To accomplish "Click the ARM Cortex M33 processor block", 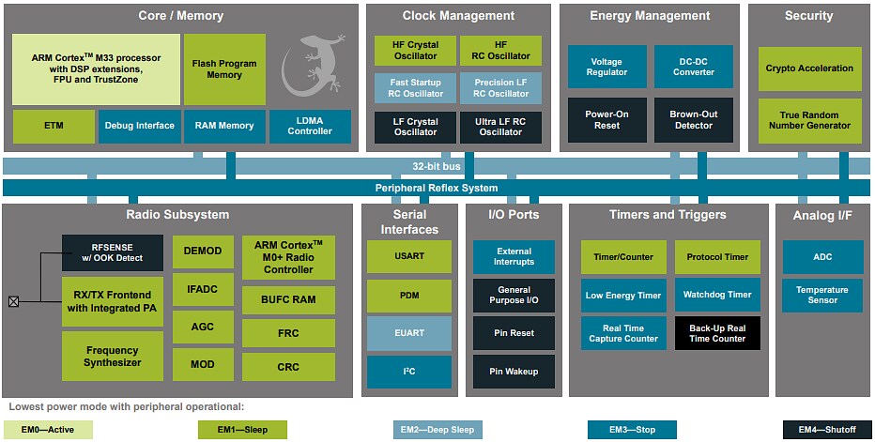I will point(96,69).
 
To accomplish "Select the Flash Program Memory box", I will point(224,69).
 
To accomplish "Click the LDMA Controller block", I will point(310,126).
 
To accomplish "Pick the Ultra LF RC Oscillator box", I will point(500,127).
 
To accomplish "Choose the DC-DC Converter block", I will point(693,67).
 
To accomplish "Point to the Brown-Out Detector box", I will point(693,120).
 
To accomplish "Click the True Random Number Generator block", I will point(809,120).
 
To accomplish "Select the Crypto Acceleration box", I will point(809,69).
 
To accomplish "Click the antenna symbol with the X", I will point(13,301).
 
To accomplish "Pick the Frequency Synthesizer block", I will point(113,357).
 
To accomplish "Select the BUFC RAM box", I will point(288,300).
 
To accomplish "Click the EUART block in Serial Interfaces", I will point(408,333).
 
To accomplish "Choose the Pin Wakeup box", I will point(514,372).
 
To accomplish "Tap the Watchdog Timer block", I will point(717,295).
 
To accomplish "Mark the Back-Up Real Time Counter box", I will point(717,333).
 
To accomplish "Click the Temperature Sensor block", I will point(821,295).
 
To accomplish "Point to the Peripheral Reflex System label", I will point(437,188).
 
